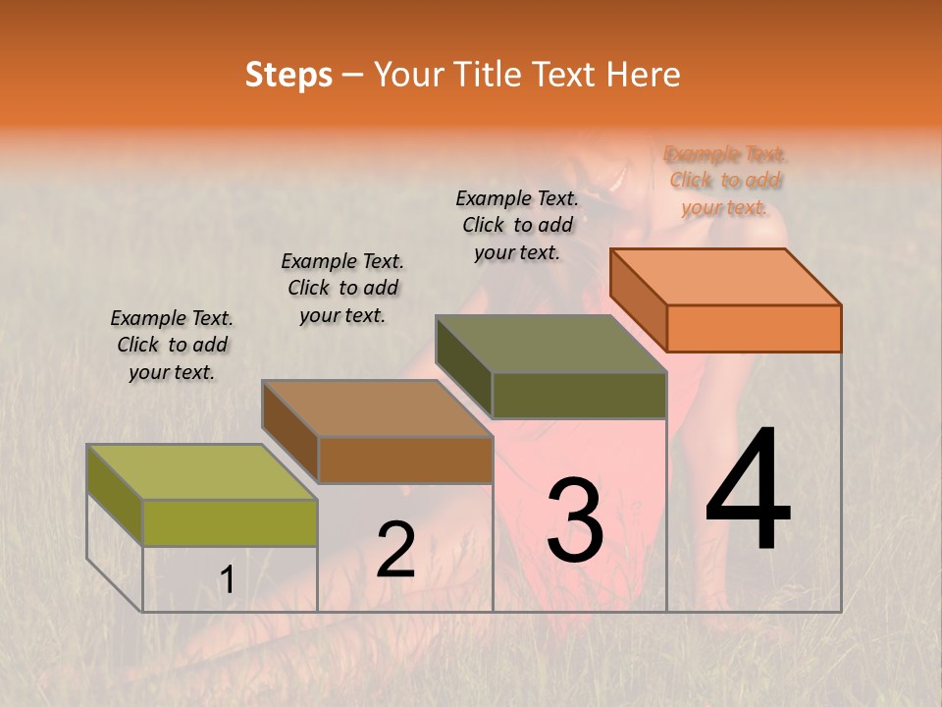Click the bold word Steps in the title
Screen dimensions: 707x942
click(288, 75)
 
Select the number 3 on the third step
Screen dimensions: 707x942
click(574, 520)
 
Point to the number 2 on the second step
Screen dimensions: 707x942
click(395, 551)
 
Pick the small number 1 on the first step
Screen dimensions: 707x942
click(227, 580)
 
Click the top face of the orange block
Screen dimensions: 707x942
click(726, 276)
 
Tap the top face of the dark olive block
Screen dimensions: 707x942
click(551, 344)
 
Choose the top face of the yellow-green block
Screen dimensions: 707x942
click(202, 472)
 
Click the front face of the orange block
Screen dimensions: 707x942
click(754, 328)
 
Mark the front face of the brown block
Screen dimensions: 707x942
click(405, 460)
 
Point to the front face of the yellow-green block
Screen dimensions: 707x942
click(230, 522)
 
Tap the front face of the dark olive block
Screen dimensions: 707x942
click(579, 396)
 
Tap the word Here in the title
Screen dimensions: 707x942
click(645, 75)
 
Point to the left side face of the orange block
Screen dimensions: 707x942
click(638, 299)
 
